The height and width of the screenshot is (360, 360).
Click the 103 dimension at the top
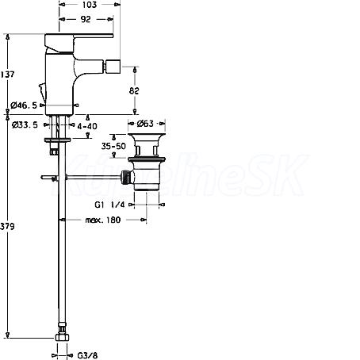pyautogui.click(x=90, y=5)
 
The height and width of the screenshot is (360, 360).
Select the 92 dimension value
pyautogui.click(x=86, y=19)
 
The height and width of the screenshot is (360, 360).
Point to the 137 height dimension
pyautogui.click(x=7, y=75)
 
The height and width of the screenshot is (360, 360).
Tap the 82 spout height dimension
pyautogui.click(x=134, y=90)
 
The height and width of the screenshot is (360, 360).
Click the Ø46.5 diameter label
pyautogui.click(x=24, y=105)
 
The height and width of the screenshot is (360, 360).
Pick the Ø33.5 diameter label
pyautogui.click(x=25, y=124)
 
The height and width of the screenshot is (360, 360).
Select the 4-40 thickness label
pyautogui.click(x=87, y=126)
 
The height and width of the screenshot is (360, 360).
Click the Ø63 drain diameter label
pyautogui.click(x=145, y=124)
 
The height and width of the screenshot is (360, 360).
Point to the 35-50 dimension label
pyautogui.click(x=113, y=146)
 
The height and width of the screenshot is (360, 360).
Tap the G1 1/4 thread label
pyautogui.click(x=109, y=205)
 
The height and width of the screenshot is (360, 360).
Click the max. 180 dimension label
pyautogui.click(x=103, y=220)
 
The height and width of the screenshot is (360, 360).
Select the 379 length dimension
pyautogui.click(x=7, y=226)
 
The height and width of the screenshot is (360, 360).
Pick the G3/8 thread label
pyautogui.click(x=87, y=355)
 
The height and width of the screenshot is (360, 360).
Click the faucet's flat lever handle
pyautogui.click(x=79, y=36)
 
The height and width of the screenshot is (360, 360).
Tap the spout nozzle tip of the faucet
pyautogui.click(x=113, y=67)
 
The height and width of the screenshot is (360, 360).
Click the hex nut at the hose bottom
pyautogui.click(x=63, y=338)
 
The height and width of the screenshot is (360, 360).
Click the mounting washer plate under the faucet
pyautogui.click(x=58, y=140)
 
